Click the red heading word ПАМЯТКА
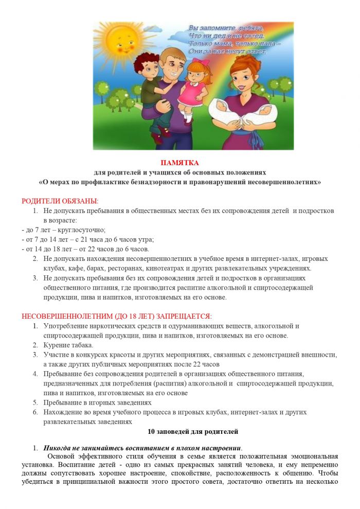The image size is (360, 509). (x=179, y=163)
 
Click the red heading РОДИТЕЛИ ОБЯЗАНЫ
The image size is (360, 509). (x=60, y=201)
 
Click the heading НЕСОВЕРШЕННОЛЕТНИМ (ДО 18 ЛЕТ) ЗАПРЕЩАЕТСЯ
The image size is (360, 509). (x=116, y=316)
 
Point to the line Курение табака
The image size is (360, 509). (x=68, y=345)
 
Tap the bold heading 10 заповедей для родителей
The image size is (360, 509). (x=179, y=431)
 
